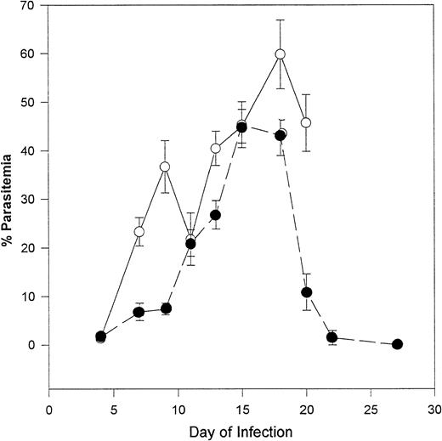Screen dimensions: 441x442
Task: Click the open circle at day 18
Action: (x=280, y=54)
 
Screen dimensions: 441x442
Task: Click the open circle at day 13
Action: (x=216, y=149)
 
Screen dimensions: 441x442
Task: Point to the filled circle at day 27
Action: (x=397, y=344)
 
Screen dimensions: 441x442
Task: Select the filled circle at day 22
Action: (x=332, y=337)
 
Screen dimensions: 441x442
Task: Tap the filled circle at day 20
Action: (x=306, y=292)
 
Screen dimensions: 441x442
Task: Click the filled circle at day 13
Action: (x=216, y=215)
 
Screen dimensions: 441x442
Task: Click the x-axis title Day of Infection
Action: (x=242, y=432)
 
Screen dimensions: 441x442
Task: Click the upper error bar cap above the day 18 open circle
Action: (x=280, y=20)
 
